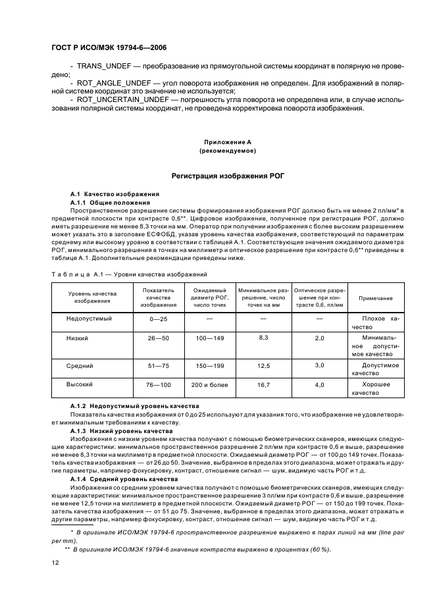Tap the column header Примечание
click(375, 298)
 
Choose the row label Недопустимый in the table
click(90, 319)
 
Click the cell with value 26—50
click(159, 338)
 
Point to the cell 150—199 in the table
click(209, 365)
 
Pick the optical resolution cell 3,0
click(319, 365)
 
